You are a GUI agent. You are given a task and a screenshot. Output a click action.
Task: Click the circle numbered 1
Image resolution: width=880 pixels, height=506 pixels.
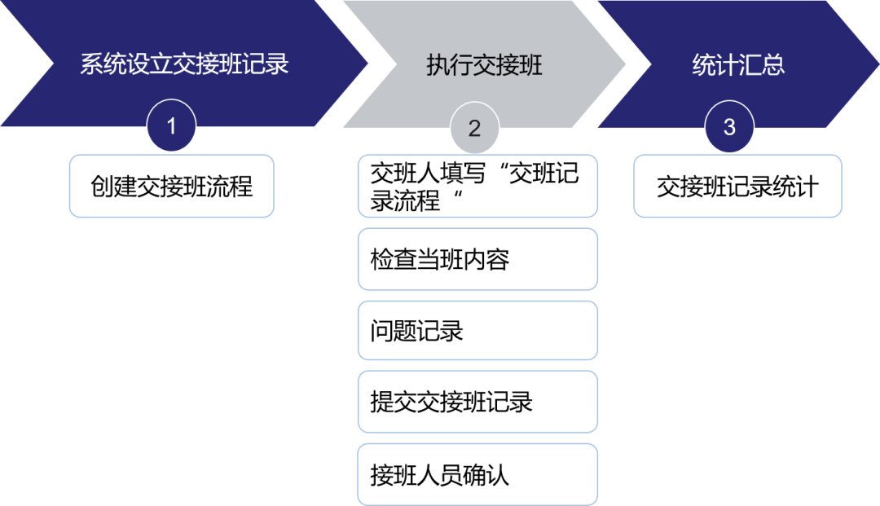[x=171, y=127]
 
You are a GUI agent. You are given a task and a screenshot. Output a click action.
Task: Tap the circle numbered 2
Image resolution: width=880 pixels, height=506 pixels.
[x=474, y=128]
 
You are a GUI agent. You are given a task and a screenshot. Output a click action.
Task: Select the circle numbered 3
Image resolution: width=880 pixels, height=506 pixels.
[x=729, y=127]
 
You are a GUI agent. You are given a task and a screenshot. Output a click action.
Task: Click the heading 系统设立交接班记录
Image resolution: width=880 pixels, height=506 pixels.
[x=184, y=65]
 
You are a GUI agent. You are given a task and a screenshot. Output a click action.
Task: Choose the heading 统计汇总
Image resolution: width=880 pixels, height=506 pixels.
[x=738, y=65]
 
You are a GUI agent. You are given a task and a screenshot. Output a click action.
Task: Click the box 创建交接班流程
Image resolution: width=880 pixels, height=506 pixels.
[x=171, y=187]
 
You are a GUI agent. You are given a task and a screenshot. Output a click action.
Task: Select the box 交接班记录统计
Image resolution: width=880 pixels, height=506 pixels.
[x=737, y=187]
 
